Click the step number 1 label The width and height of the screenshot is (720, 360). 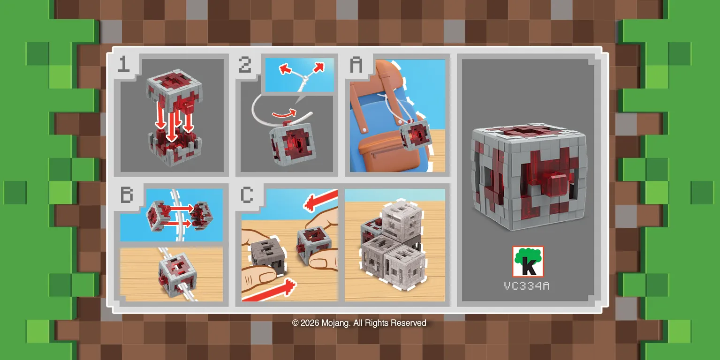(x=123, y=64)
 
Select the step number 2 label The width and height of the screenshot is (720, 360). (x=245, y=65)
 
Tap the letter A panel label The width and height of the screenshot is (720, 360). (x=356, y=64)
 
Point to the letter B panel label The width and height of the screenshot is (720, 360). (x=127, y=194)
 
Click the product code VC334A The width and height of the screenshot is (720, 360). (x=526, y=285)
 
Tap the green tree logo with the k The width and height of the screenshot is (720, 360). (x=528, y=262)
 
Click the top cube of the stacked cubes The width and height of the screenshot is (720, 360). (x=402, y=219)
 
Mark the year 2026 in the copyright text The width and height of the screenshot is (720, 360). (x=310, y=323)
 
